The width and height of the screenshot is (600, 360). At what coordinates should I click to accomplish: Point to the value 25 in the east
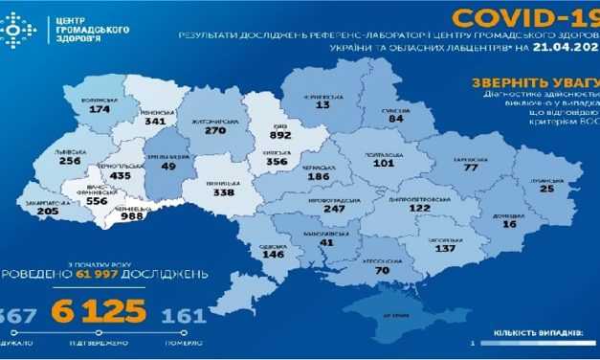pos(545,189)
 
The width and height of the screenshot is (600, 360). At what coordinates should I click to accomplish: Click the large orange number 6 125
pos(100,311)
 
